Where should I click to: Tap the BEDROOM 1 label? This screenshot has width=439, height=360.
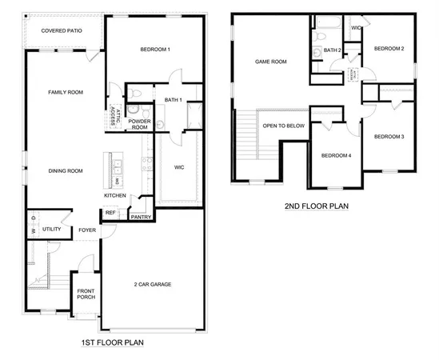pyautogui.click(x=155, y=50)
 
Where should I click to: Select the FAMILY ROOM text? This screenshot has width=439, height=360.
pyautogui.click(x=66, y=92)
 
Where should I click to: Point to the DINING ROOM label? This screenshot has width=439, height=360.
pyautogui.click(x=66, y=170)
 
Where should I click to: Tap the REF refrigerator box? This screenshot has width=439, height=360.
pyautogui.click(x=110, y=213)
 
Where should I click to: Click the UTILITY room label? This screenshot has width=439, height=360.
pyautogui.click(x=52, y=230)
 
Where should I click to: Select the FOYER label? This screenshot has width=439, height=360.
pyautogui.click(x=87, y=230)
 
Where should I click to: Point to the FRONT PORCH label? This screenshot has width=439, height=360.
pyautogui.click(x=86, y=294)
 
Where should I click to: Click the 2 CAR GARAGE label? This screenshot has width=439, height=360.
pyautogui.click(x=152, y=284)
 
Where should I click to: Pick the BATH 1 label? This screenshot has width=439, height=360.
pyautogui.click(x=174, y=100)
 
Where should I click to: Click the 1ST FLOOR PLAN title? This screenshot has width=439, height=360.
pyautogui.click(x=113, y=342)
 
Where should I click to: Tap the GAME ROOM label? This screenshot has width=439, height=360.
pyautogui.click(x=271, y=62)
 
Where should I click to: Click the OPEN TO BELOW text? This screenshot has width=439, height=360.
pyautogui.click(x=284, y=126)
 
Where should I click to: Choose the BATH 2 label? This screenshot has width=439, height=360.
pyautogui.click(x=333, y=50)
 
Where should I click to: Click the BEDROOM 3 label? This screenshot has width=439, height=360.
pyautogui.click(x=389, y=137)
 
